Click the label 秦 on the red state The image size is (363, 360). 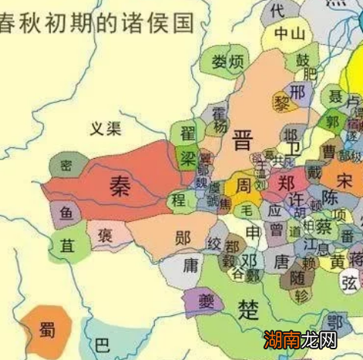[x=118, y=185]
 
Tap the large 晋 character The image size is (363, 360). [x=242, y=140]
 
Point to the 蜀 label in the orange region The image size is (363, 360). [x=47, y=330]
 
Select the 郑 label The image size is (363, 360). [x=286, y=184]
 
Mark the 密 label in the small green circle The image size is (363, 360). [x=66, y=165]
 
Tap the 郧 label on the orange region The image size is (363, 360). [x=182, y=236]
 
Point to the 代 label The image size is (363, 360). [x=277, y=10]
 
